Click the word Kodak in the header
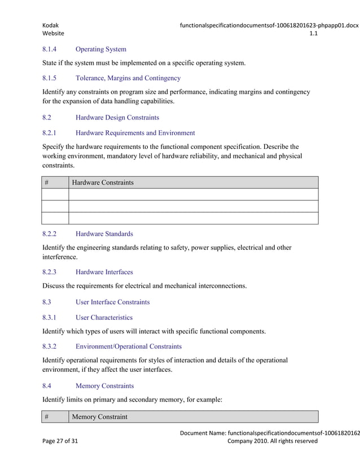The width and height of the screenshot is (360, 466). pos(51,25)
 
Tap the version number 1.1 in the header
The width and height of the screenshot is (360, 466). pos(313,34)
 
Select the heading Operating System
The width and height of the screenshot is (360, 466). pos(100,50)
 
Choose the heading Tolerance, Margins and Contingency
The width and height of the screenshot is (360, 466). pos(128,78)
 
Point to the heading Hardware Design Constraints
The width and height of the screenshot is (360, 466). pos(117,118)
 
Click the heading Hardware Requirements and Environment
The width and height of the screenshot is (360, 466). pos(135,133)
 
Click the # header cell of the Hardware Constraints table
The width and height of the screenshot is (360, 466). pos(55,182)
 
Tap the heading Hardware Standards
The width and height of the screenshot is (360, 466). pos(104,234)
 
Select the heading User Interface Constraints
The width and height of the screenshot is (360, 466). pos(112,302)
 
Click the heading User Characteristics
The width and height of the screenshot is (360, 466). pos(104,318)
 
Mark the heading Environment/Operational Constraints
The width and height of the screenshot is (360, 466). pos(128,346)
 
